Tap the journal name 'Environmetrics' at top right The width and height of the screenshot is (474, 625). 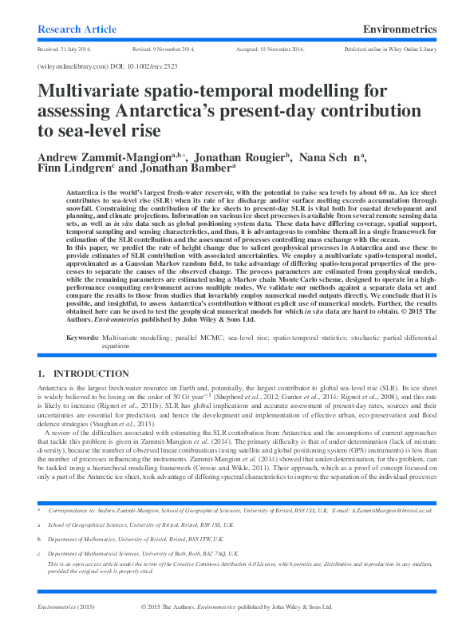[x=399, y=30]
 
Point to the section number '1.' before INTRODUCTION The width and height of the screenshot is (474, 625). [x=42, y=374]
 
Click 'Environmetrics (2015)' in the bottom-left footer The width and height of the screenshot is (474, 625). [x=68, y=606]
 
